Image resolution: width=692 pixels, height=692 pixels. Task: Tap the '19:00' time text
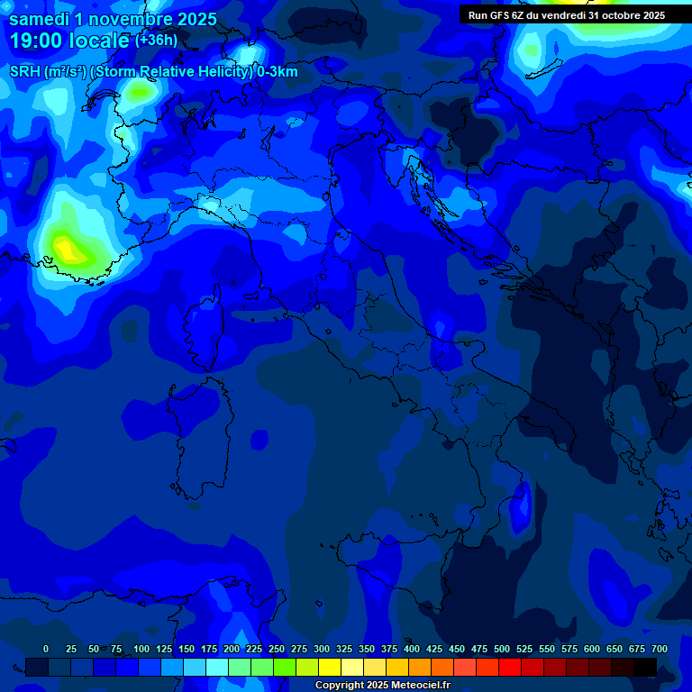tap(34, 41)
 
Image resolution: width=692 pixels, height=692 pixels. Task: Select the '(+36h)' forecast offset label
tap(156, 40)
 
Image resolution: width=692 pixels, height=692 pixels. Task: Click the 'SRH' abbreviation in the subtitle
tap(25, 72)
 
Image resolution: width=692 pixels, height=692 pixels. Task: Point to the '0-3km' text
tap(278, 72)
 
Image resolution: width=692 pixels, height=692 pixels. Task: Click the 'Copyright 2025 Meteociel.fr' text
tap(382, 686)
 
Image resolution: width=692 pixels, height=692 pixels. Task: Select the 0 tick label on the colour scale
tap(46, 649)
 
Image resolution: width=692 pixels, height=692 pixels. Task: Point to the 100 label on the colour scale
tap(141, 649)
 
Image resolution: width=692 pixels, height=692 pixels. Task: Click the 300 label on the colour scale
tap(322, 649)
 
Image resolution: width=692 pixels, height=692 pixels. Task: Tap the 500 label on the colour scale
tap(502, 649)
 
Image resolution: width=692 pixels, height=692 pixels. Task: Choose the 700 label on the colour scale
tap(660, 649)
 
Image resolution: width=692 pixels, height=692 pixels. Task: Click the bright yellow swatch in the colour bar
tap(330, 668)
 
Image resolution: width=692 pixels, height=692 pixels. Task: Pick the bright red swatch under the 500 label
tap(510, 668)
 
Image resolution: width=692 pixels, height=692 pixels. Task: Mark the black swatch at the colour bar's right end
tap(645, 668)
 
